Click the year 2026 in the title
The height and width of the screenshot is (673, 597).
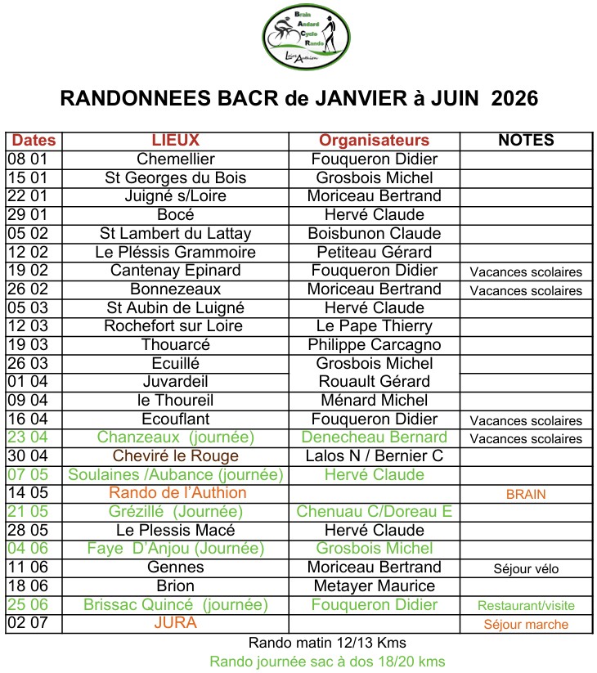(x=510, y=99)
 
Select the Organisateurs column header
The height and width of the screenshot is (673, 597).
(x=374, y=141)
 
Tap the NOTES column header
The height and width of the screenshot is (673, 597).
(x=526, y=141)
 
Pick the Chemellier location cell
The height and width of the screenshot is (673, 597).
(x=176, y=159)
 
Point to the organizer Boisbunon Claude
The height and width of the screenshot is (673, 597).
(x=374, y=233)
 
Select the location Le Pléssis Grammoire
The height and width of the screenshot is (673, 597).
(x=176, y=252)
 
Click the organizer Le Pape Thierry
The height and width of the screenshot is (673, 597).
(x=374, y=326)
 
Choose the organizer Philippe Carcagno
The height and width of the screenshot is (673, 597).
(x=374, y=344)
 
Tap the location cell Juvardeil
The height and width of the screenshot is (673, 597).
(x=176, y=382)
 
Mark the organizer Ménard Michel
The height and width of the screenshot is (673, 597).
(x=374, y=400)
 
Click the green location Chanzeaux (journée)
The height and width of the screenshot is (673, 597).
(x=176, y=437)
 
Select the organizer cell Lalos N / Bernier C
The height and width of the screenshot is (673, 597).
(x=374, y=455)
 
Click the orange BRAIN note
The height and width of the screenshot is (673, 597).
(x=526, y=495)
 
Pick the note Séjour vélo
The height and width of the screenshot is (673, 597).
(x=526, y=568)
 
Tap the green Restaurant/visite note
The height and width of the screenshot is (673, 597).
(x=526, y=606)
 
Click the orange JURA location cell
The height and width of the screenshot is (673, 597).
(x=176, y=623)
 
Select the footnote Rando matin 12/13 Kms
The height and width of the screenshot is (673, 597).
(x=327, y=643)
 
